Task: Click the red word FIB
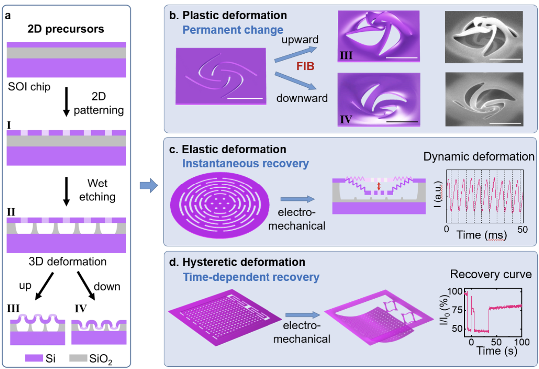[x=305, y=66]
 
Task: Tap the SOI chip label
[x=29, y=86]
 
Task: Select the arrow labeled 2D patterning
[x=66, y=102]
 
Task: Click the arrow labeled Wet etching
[x=66, y=192]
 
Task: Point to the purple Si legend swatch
[x=34, y=358]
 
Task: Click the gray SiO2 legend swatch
[x=78, y=358]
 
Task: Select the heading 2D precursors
[x=66, y=29]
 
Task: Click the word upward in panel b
[x=300, y=39]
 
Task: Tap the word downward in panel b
[x=302, y=98]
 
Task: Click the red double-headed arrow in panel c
[x=379, y=186]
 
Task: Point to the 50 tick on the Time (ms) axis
[x=523, y=229]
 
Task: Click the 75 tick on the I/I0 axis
[x=457, y=310]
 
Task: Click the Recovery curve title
[x=491, y=274]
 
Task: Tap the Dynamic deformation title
[x=479, y=157]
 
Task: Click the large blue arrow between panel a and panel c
[x=149, y=186]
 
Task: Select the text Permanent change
[x=233, y=30]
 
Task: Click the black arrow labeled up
[x=44, y=286]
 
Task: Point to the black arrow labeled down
[x=86, y=286]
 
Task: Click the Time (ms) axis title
[x=482, y=235]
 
